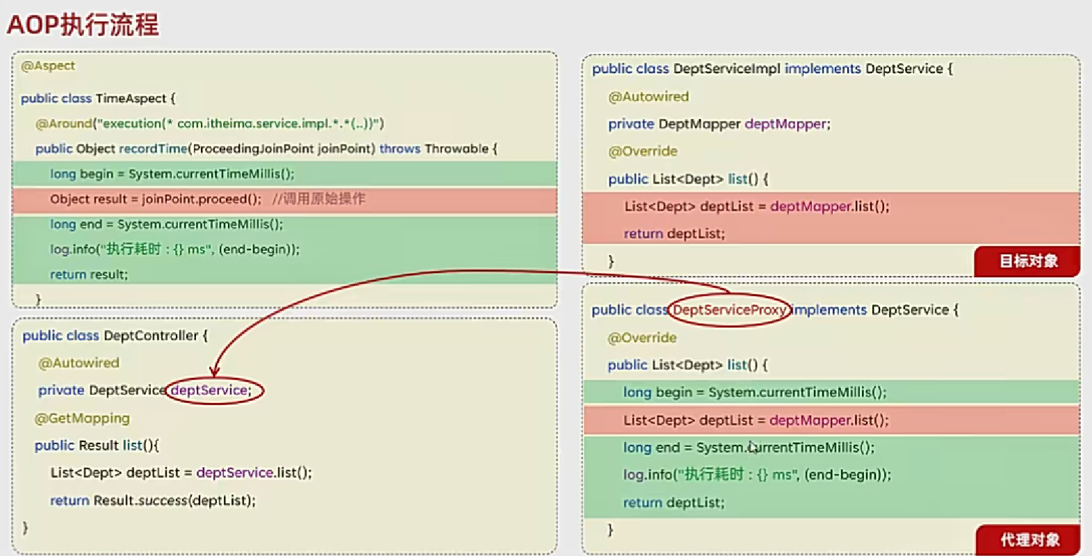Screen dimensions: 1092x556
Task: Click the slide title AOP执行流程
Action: pyautogui.click(x=83, y=24)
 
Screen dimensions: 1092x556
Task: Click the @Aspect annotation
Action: pyautogui.click(x=48, y=66)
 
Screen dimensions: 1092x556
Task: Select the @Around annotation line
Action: pyautogui.click(x=209, y=124)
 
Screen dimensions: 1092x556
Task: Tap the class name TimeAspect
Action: pyautogui.click(x=131, y=99)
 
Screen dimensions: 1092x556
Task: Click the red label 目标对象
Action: pyautogui.click(x=1028, y=261)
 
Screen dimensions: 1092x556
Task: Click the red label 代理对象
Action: pyautogui.click(x=1029, y=539)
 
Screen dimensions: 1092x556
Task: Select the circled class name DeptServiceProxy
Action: pyautogui.click(x=728, y=310)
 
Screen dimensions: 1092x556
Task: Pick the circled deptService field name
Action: pyautogui.click(x=210, y=391)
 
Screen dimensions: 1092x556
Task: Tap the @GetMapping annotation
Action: pyautogui.click(x=82, y=418)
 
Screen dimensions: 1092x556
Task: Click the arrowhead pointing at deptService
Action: pyautogui.click(x=215, y=372)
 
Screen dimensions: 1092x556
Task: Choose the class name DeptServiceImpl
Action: pyautogui.click(x=726, y=69)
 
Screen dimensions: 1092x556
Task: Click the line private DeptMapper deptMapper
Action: pyautogui.click(x=719, y=124)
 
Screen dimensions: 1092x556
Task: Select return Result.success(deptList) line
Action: pyautogui.click(x=153, y=500)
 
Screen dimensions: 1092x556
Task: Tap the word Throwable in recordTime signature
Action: pyautogui.click(x=457, y=149)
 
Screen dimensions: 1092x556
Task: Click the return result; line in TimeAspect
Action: pyautogui.click(x=89, y=275)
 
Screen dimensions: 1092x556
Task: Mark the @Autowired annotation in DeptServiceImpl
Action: pyautogui.click(x=649, y=97)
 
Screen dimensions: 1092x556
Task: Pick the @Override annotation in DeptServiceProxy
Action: pyautogui.click(x=642, y=338)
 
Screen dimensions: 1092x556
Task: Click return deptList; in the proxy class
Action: pyautogui.click(x=674, y=502)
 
